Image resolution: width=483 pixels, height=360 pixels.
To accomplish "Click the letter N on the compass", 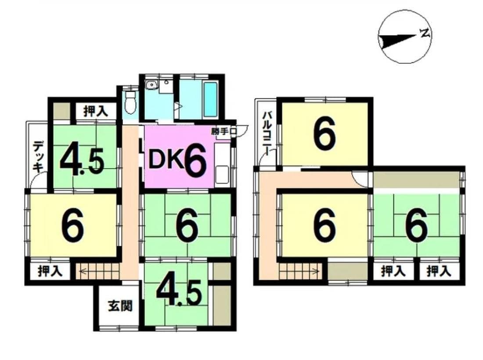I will (425, 32).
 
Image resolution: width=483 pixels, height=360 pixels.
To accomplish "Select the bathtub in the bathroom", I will (210, 99).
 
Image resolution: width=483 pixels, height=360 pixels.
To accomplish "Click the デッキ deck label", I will (38, 156).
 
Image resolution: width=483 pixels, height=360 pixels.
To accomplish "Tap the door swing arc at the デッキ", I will (40, 182).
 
